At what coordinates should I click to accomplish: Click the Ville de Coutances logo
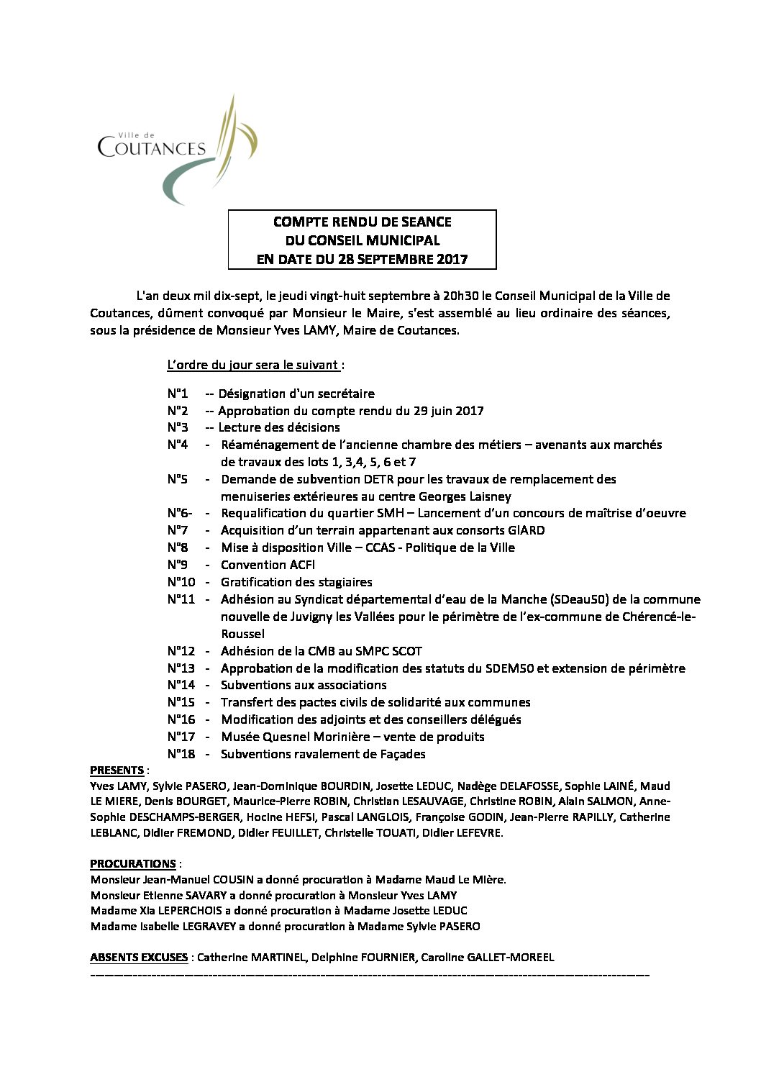(177, 150)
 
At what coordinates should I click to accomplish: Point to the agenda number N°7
(178, 530)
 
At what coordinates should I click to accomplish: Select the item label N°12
(181, 651)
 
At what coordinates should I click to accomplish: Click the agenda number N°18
(181, 754)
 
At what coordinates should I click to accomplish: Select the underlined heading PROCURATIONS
(133, 863)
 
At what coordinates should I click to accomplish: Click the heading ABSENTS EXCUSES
(139, 958)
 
